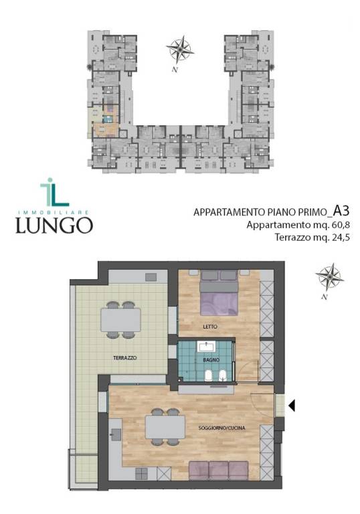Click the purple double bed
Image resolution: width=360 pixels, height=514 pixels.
click(x=218, y=294)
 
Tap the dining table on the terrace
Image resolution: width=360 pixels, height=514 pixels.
click(x=120, y=320)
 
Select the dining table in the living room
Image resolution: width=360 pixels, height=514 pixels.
click(x=165, y=427)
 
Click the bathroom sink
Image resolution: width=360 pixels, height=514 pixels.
click(x=206, y=347)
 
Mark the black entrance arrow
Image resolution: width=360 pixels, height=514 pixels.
click(x=292, y=405)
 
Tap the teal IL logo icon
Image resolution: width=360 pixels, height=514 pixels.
click(x=54, y=192)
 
